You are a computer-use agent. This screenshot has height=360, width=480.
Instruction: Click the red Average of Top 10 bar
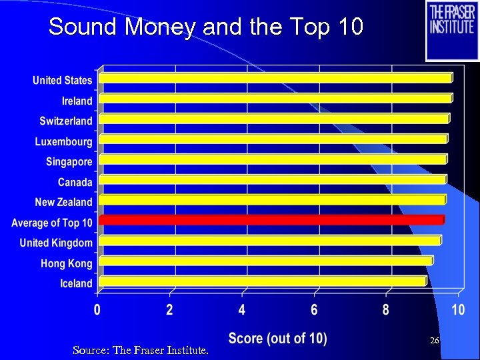point(271,219)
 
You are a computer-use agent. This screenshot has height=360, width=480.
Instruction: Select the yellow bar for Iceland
point(263,281)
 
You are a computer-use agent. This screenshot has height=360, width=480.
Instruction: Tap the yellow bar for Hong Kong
point(266,261)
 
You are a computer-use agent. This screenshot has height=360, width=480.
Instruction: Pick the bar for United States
point(275,77)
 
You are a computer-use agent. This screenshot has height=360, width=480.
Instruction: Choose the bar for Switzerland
point(274,118)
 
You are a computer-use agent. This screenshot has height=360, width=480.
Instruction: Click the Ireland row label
point(77,101)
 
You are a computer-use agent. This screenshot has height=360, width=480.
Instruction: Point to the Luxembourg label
point(64,141)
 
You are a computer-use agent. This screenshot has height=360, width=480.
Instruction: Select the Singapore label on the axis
point(69,162)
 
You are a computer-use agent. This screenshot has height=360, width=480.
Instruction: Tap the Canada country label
point(75,182)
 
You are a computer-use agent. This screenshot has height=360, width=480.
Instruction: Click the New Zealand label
point(64,202)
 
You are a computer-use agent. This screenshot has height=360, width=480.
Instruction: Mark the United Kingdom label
point(56,243)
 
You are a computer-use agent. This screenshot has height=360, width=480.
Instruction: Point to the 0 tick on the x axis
point(97,310)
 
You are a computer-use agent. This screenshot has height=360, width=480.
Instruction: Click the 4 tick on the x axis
point(242,310)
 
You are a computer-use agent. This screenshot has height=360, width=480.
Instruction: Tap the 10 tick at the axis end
point(457,310)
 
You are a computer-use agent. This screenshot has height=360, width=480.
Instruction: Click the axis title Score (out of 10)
point(277,339)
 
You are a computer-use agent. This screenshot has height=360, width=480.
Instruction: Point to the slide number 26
point(434,341)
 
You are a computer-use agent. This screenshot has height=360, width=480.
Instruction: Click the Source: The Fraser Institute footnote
point(140,349)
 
